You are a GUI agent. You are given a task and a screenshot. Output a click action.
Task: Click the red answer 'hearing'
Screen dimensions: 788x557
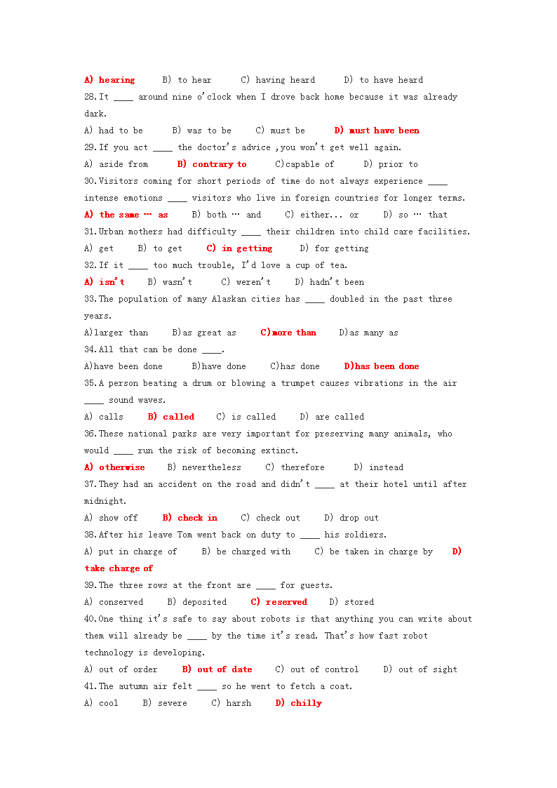(116, 80)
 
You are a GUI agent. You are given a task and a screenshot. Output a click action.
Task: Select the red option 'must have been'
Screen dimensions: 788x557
(384, 131)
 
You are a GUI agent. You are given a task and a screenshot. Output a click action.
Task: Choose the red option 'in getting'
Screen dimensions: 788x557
(247, 248)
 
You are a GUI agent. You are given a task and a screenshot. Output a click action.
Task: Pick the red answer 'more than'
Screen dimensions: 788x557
(294, 333)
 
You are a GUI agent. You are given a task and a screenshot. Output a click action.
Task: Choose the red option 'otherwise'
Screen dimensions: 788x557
(122, 467)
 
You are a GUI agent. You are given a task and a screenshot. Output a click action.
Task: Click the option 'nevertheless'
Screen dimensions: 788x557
(211, 467)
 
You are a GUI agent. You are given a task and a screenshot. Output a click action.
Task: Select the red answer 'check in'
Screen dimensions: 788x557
(197, 518)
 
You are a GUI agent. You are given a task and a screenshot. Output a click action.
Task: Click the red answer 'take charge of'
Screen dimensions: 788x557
(119, 568)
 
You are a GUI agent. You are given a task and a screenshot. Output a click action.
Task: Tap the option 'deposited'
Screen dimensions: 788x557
(204, 602)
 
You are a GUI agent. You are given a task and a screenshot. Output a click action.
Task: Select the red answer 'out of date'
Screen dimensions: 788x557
(224, 669)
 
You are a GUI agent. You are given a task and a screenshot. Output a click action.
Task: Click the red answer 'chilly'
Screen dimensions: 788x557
(306, 703)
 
